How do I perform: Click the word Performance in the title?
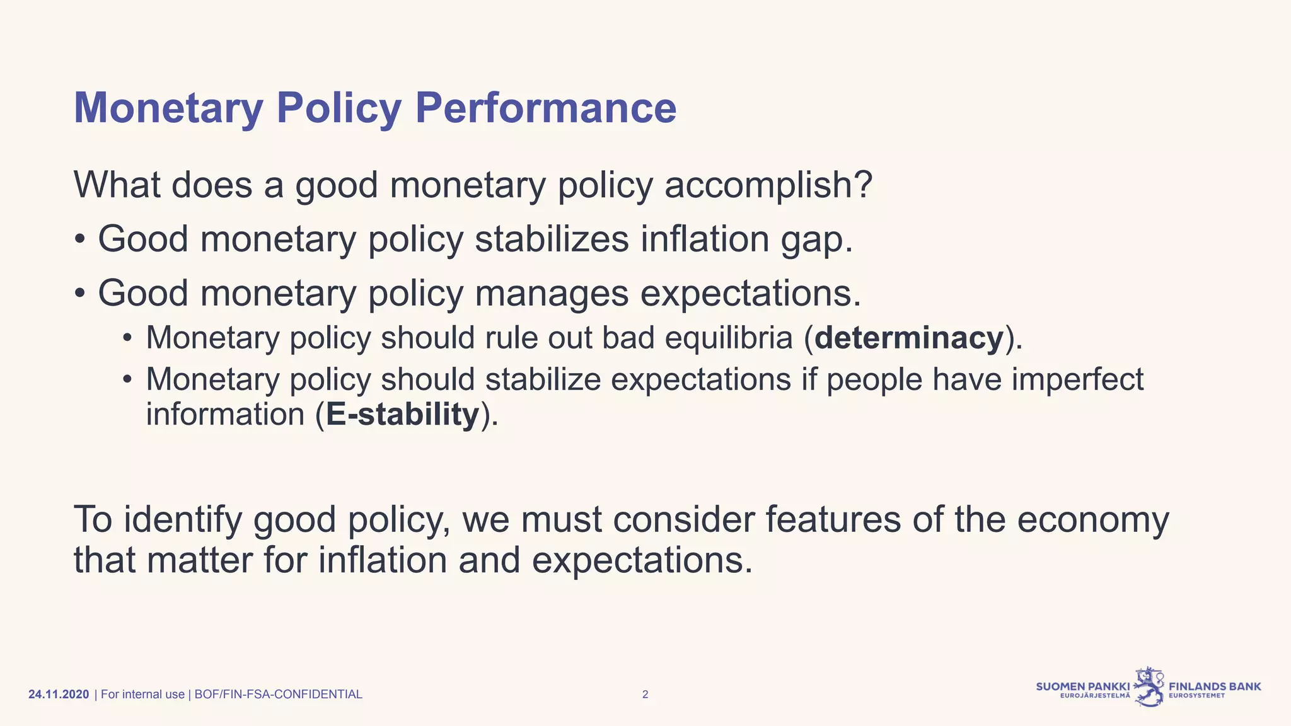(x=545, y=108)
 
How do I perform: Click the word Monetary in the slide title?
(x=168, y=108)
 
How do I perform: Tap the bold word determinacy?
(x=908, y=338)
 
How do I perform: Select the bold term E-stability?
(x=402, y=415)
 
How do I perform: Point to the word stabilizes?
(x=552, y=239)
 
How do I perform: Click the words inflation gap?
(x=746, y=239)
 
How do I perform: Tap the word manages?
(x=552, y=294)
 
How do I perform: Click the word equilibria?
(x=728, y=338)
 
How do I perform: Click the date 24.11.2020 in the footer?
(x=59, y=694)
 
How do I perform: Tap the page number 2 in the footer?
(x=645, y=694)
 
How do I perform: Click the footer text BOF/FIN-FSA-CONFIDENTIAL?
(x=278, y=694)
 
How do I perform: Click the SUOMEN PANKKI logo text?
(x=1082, y=686)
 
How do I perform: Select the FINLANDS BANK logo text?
(x=1215, y=686)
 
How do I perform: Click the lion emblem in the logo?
(x=1150, y=687)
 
